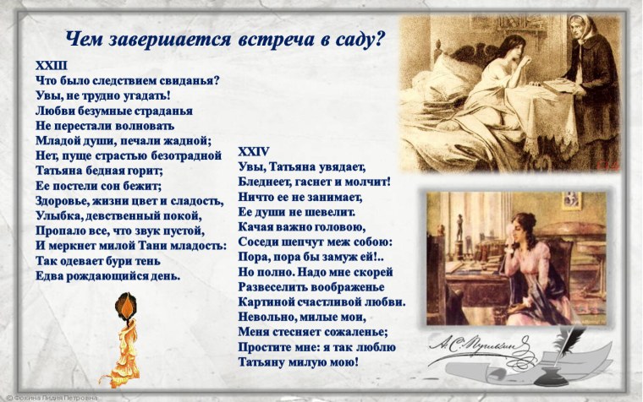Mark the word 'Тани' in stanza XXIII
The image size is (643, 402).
pos(149,245)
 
